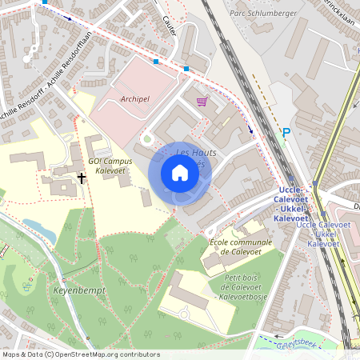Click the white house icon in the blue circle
(180, 173)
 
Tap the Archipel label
(134, 100)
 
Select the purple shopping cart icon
(202, 101)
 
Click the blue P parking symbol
(286, 133)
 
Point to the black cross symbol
(82, 178)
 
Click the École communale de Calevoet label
(239, 246)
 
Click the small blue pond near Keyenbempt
(39, 229)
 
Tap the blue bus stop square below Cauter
(186, 70)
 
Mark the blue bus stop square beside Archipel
(156, 62)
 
